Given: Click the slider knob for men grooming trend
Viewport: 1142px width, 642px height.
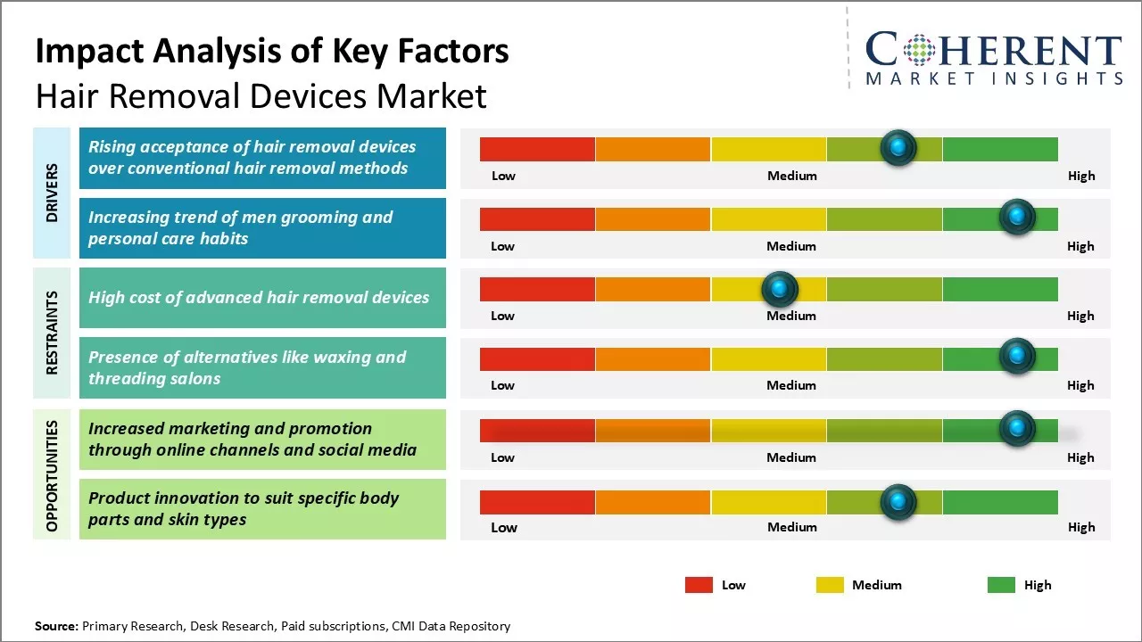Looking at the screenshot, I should [x=1016, y=217].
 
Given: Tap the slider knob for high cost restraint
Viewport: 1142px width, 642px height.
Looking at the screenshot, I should [x=780, y=288].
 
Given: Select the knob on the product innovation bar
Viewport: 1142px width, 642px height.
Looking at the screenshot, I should [x=898, y=502].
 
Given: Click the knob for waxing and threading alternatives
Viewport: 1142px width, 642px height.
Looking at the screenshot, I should [x=1016, y=357].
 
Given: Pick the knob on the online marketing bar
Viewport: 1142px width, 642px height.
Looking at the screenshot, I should [x=1016, y=428].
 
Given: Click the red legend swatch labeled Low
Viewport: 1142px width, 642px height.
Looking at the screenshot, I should [x=699, y=585].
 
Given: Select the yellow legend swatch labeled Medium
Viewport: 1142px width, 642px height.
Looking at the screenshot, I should [x=830, y=585].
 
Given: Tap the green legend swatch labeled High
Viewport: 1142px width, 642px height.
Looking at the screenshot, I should [x=1001, y=585].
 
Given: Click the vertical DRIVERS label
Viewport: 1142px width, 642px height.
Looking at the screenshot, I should [x=52, y=193].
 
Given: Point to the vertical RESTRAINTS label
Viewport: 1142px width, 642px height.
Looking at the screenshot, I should [x=52, y=333].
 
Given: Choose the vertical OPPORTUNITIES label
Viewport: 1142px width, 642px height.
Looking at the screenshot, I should [x=52, y=475].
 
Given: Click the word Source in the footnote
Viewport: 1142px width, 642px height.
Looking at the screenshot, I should [x=56, y=626].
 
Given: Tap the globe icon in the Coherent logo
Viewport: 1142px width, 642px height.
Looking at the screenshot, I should [x=918, y=51].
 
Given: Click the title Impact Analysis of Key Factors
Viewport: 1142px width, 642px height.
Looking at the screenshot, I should [x=272, y=52].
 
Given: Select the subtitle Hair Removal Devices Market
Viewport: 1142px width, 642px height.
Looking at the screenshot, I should [x=261, y=95].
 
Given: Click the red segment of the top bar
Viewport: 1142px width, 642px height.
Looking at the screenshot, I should [x=537, y=149].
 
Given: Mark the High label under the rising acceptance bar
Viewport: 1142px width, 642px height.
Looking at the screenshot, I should [x=1081, y=176].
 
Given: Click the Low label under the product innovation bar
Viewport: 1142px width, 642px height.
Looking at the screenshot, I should [x=504, y=527].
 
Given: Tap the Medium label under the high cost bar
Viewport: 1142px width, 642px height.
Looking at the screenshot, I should [x=791, y=316].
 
